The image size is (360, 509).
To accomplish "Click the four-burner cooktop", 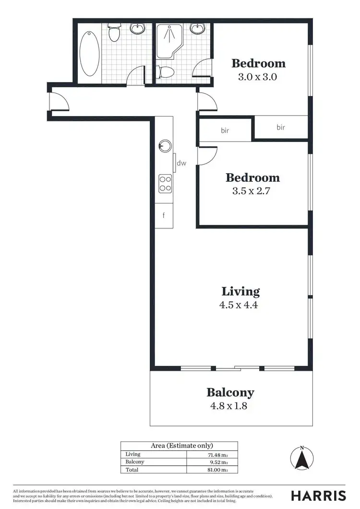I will [x=165, y=183].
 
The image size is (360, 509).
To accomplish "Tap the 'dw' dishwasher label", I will [x=181, y=163].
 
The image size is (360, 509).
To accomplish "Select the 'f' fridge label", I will [x=164, y=215].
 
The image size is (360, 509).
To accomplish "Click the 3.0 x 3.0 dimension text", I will [x=258, y=76].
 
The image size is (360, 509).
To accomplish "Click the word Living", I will [x=240, y=291].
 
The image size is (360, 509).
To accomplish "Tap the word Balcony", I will [x=230, y=392].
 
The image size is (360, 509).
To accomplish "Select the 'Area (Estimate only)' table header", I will [x=179, y=446].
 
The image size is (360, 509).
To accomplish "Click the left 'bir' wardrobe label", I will [x=225, y=130].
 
